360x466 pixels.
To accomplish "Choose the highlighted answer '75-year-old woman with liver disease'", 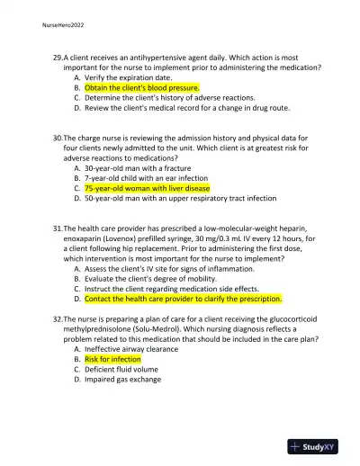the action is [148, 189].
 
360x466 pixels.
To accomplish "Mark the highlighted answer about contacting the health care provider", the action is [184, 299].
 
